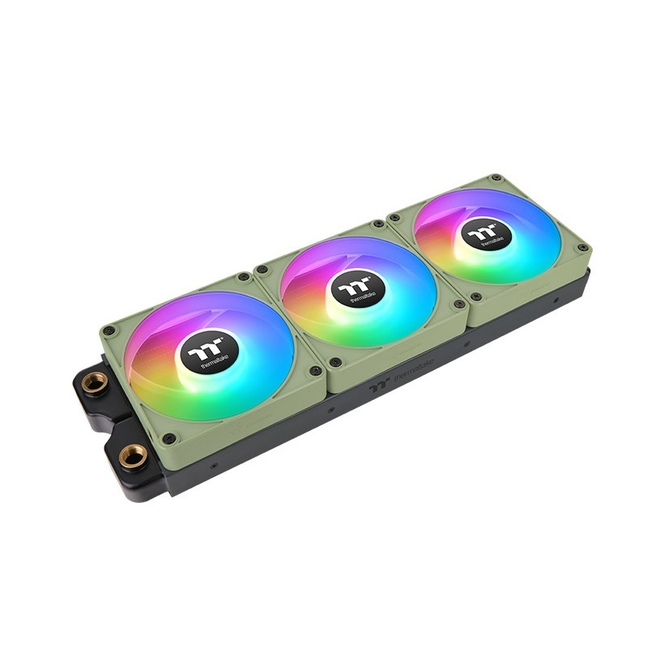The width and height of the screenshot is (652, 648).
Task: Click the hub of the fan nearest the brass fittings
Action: (x=207, y=355)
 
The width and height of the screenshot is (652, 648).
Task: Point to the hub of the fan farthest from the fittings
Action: (x=485, y=234)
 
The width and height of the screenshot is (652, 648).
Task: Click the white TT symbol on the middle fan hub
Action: (x=352, y=283)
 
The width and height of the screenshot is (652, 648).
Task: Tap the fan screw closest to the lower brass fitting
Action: (x=169, y=438)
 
